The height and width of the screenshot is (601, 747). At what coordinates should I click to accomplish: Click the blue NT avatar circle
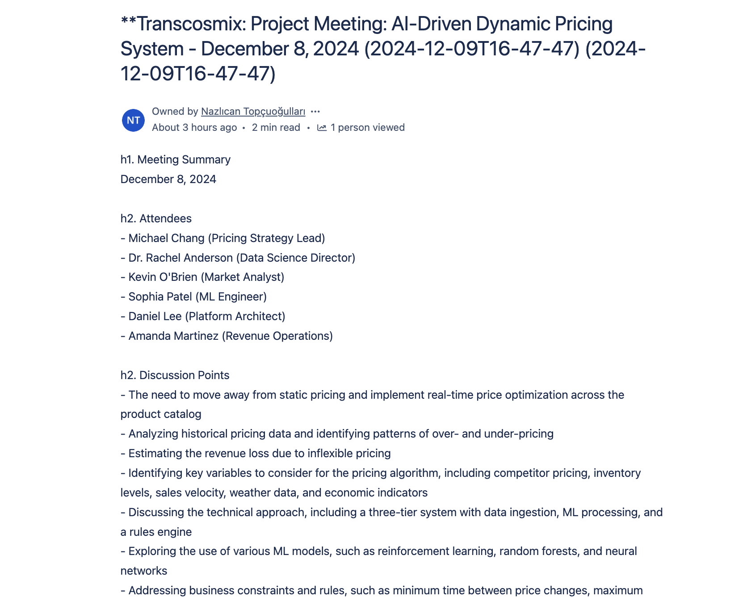(x=133, y=120)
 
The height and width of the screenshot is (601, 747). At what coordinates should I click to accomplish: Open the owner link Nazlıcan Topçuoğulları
(x=253, y=111)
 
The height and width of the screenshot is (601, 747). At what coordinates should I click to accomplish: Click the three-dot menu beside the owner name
(x=315, y=111)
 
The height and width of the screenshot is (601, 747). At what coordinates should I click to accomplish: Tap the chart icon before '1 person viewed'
(x=322, y=128)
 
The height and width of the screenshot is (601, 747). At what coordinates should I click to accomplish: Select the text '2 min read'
(x=276, y=128)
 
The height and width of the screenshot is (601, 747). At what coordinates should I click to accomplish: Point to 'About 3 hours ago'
(x=194, y=128)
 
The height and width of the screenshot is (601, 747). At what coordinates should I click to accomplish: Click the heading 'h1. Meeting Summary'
(x=176, y=159)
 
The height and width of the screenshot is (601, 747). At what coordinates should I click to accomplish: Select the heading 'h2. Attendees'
(x=156, y=218)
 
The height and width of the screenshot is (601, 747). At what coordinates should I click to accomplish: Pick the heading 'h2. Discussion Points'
(x=175, y=375)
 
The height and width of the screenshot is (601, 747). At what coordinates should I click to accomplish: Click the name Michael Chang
(x=166, y=238)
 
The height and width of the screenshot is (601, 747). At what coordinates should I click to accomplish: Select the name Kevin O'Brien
(x=163, y=277)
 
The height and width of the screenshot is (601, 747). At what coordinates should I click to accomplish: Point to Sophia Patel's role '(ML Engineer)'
(x=231, y=296)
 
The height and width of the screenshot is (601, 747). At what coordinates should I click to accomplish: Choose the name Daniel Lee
(x=155, y=316)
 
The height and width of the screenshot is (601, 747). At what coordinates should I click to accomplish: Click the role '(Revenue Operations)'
(x=277, y=336)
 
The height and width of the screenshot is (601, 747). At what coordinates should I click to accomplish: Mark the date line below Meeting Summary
(x=168, y=179)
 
